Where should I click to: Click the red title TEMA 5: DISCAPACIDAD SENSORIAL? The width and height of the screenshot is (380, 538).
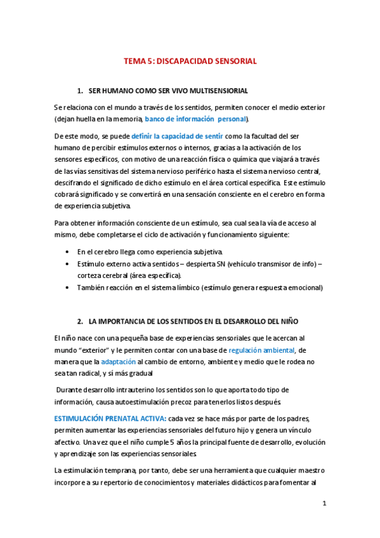189,62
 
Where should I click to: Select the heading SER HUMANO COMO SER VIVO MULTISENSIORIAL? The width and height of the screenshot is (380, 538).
167,91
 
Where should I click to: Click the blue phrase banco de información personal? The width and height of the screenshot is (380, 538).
195,119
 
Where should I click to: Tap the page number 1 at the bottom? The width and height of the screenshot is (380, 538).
324,504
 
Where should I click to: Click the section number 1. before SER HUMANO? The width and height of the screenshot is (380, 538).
80,91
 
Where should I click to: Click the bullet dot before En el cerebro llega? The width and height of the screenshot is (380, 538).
68,253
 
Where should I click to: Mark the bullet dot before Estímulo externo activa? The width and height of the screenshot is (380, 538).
68,264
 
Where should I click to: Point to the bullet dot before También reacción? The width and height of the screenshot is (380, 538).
68,287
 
